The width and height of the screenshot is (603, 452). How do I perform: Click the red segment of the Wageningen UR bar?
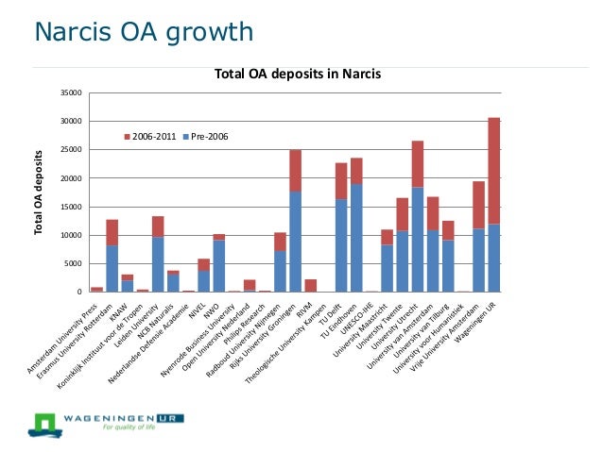tap(493, 170)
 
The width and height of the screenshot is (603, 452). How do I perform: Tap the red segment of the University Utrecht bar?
tap(418, 164)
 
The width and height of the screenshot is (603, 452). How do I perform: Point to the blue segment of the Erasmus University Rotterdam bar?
tap(112, 268)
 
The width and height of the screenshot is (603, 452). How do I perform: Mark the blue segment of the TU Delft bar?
tap(341, 245)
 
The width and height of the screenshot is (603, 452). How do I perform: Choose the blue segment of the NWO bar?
tap(219, 265)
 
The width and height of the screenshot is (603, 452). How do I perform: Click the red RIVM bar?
tap(311, 285)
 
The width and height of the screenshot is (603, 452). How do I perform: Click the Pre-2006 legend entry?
tap(207, 137)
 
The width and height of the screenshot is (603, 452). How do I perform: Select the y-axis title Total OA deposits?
tap(39, 192)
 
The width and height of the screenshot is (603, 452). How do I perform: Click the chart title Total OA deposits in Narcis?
tap(297, 73)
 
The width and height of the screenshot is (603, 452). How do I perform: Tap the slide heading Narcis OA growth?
tap(144, 33)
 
